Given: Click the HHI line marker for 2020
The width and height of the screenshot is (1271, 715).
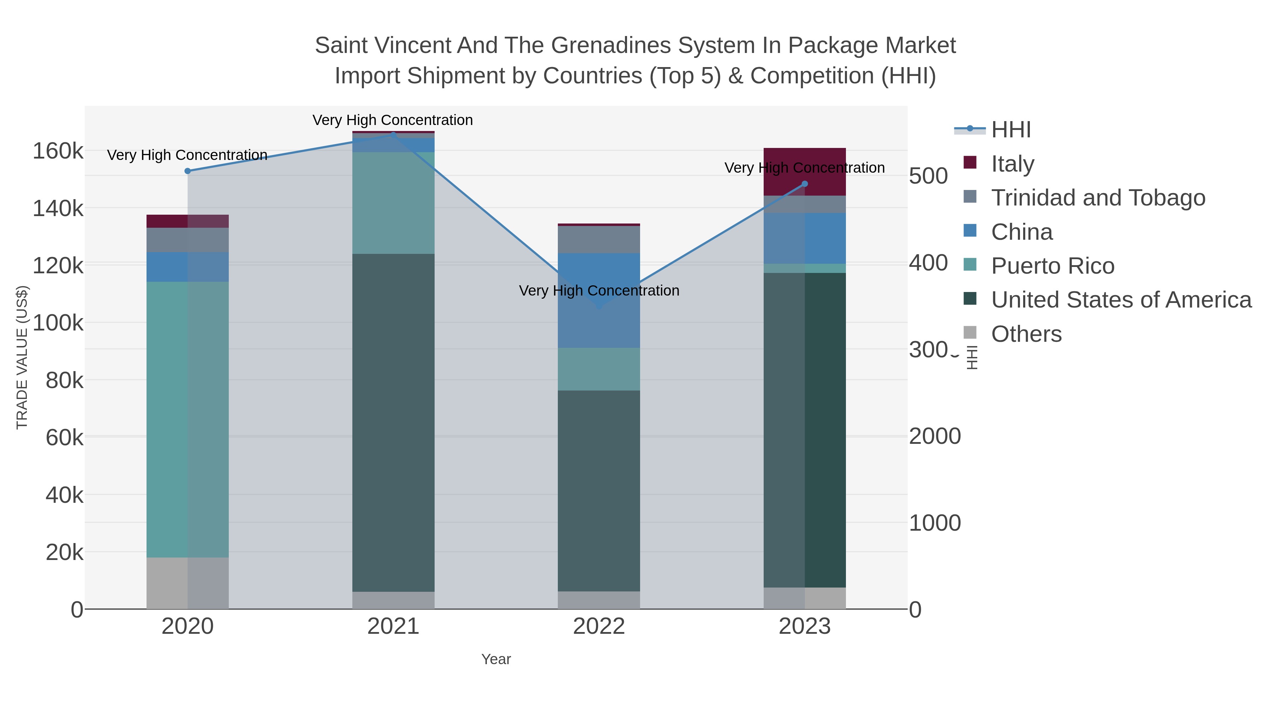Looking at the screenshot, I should coord(187,171).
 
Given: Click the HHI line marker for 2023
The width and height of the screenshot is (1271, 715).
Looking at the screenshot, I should coord(805,184).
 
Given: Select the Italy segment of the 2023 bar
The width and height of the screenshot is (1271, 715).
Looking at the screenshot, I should coord(805,172).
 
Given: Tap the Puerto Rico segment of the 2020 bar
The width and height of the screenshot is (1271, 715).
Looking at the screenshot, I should coord(187,419).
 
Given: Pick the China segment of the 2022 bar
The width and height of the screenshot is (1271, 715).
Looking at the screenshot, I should coord(599,300).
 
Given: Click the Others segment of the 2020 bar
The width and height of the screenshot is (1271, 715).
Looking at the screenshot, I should coord(187,583).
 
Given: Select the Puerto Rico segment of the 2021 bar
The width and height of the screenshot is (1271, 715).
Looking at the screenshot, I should coord(393,203).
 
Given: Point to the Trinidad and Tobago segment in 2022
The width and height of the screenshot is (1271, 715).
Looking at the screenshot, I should coord(599,240).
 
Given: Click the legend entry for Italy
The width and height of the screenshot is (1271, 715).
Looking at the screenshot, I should coord(1013,164).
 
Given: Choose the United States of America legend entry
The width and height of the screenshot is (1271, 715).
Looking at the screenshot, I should coord(1121,300).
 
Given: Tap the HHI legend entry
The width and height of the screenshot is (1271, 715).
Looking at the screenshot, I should coord(1010,130).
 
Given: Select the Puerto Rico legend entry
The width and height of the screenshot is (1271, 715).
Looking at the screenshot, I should coord(1052,266).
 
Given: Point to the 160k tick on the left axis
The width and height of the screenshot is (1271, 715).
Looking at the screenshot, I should coord(58,151).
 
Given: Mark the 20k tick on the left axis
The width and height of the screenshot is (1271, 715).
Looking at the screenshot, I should coord(64,553).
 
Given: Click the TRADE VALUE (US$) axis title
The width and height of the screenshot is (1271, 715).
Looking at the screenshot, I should coord(22,357).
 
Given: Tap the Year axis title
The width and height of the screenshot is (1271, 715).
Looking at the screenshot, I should coord(496,659).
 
